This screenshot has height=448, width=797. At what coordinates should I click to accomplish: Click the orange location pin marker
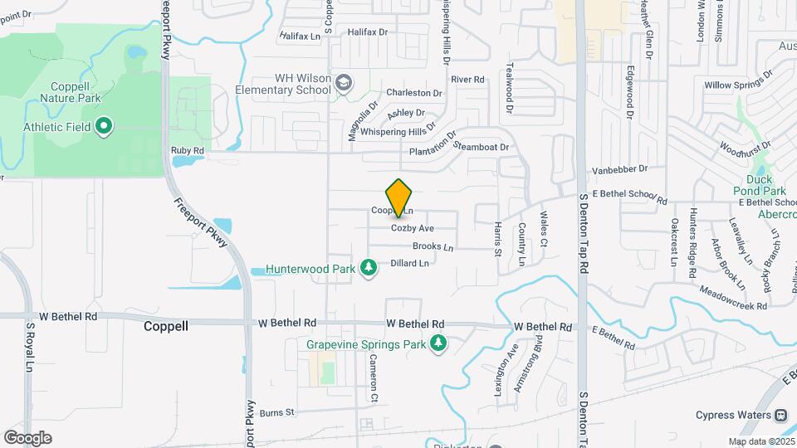pyautogui.click(x=399, y=197)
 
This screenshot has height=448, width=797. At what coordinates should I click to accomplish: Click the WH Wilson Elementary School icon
pyautogui.click(x=344, y=83)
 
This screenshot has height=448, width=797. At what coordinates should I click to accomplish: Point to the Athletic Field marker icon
pyautogui.click(x=104, y=127)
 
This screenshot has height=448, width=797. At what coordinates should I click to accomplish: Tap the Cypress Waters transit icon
pyautogui.click(x=780, y=415)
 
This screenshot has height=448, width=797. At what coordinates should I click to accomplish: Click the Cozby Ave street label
pyautogui.click(x=413, y=228)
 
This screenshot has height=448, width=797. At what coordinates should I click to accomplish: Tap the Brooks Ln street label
pyautogui.click(x=433, y=246)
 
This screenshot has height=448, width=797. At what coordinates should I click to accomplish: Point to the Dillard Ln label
pyautogui.click(x=409, y=263)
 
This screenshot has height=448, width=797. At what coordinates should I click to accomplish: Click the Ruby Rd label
pyautogui.click(x=187, y=150)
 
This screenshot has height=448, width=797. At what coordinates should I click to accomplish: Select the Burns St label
pyautogui.click(x=277, y=411)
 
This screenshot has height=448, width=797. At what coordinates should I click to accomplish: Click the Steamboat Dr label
pyautogui.click(x=482, y=147)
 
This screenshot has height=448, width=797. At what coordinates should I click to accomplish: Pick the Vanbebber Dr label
pyautogui.click(x=619, y=169)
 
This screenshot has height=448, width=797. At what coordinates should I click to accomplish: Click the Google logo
pyautogui.click(x=27, y=438)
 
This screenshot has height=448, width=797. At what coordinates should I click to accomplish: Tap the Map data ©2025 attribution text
pyautogui.click(x=761, y=441)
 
